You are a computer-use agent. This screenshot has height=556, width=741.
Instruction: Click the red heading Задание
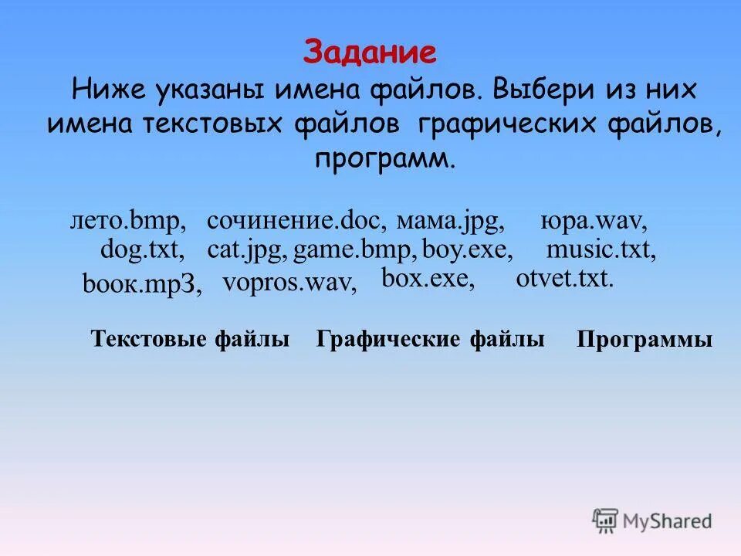tap(370, 53)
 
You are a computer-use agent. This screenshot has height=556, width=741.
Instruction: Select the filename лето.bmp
tap(128, 222)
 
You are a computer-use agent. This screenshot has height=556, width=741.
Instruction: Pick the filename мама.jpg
tap(451, 222)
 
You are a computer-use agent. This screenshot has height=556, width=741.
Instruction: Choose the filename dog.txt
tap(142, 251)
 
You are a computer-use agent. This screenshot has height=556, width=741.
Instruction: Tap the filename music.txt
tap(601, 251)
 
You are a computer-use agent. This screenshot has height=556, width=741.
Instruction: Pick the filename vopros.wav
tap(289, 283)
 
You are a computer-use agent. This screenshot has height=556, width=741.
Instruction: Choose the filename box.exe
tap(428, 278)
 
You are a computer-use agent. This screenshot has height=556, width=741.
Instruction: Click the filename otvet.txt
tap(564, 278)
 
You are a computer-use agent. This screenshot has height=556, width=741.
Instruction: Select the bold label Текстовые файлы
tap(190, 338)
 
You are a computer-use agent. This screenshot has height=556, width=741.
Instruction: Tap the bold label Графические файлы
tap(430, 338)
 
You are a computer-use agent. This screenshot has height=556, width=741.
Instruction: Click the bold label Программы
tap(645, 340)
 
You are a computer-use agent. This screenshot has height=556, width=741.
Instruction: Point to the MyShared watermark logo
tap(652, 520)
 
